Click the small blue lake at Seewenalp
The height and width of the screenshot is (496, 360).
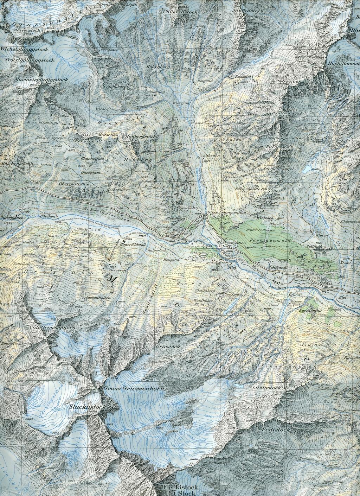pyautogui.click(x=307, y=169)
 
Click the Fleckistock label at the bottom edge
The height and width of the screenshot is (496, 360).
pyautogui.click(x=181, y=488)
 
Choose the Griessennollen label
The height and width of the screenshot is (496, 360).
pyautogui.click(x=96, y=297)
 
